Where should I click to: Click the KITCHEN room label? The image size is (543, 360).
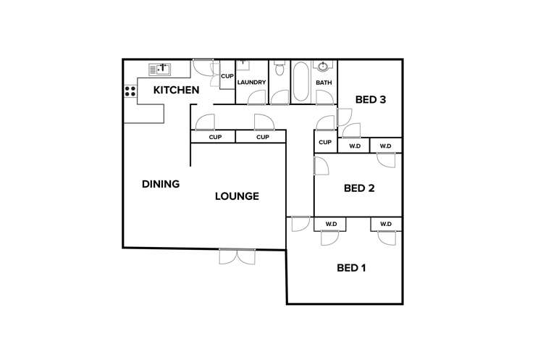[176, 91]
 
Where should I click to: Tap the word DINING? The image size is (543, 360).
[161, 184]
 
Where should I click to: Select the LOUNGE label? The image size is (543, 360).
[237, 196]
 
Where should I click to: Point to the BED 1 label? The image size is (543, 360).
[352, 268]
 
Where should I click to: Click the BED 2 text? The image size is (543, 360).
[359, 188]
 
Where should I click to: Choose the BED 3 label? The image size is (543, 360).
[370, 100]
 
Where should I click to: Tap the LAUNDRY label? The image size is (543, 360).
[252, 83]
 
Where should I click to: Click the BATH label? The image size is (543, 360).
[324, 83]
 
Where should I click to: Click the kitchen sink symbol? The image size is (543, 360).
[160, 70]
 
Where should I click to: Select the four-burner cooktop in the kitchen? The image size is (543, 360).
[130, 91]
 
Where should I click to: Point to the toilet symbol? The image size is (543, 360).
[279, 70]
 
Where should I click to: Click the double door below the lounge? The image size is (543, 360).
[237, 256]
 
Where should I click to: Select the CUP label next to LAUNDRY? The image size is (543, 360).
[227, 76]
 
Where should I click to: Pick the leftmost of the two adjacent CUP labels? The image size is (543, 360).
[215, 138]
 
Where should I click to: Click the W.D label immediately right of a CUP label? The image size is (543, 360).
[355, 146]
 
